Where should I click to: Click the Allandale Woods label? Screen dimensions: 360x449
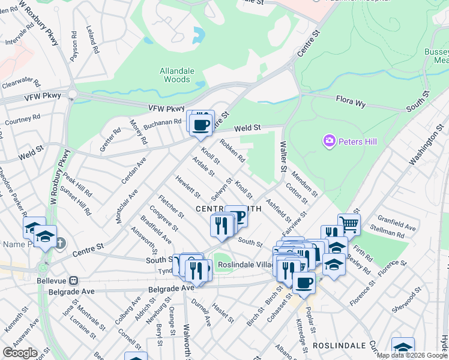tap(177, 75)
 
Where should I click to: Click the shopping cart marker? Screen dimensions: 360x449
tap(349, 225)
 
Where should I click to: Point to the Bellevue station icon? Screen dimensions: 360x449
tap(74, 280)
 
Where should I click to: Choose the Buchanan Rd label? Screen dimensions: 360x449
tap(162, 122)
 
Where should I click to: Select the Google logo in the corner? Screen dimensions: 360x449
tap(20, 353)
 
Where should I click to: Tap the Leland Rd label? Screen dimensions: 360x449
tap(92, 40)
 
